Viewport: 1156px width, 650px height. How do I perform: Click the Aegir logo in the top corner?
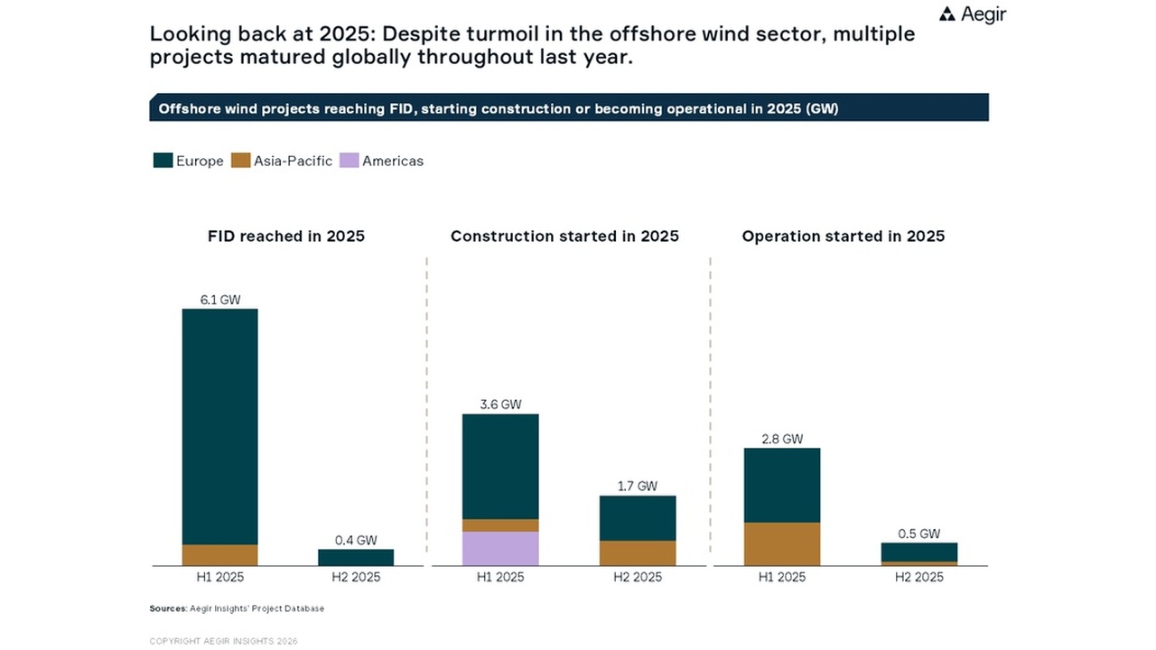click(x=972, y=14)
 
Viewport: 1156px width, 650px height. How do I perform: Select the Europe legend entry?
click(x=189, y=161)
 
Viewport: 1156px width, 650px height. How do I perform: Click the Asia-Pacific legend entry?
click(x=282, y=161)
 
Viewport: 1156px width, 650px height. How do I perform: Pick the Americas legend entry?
click(x=382, y=161)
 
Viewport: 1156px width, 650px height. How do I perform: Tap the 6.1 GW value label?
click(x=219, y=300)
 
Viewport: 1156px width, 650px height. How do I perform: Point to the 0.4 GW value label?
click(x=355, y=540)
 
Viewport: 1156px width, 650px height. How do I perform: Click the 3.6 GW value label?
click(x=500, y=404)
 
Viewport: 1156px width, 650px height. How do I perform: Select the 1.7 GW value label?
click(x=637, y=486)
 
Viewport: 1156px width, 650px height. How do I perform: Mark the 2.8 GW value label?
click(x=781, y=439)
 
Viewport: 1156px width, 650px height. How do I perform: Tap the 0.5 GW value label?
click(x=918, y=533)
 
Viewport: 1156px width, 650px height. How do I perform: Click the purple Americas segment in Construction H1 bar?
click(x=500, y=548)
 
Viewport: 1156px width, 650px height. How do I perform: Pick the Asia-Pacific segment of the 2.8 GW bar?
click(x=781, y=543)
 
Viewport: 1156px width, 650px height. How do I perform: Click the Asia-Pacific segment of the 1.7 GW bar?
click(x=637, y=552)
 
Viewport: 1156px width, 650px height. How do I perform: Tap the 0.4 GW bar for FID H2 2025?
click(x=355, y=557)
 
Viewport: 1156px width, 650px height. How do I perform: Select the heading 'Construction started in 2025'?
click(x=564, y=237)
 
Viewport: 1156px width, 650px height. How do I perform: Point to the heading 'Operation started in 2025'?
click(x=843, y=237)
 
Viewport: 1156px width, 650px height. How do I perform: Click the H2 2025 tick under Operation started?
click(x=918, y=577)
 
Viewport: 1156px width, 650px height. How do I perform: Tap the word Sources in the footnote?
click(x=167, y=608)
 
